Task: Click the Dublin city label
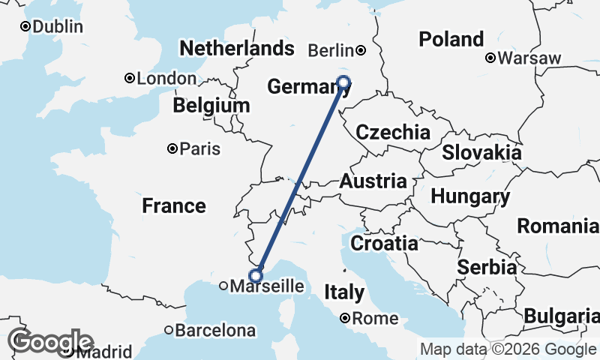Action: point(58,27)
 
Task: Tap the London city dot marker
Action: point(130,78)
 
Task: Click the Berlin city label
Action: point(331,51)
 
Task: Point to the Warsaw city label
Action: point(529,58)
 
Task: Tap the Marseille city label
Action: point(267,286)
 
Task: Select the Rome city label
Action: point(375,319)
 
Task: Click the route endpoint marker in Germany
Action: point(344,82)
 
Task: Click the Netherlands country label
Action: point(235,49)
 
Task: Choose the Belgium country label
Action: point(211,106)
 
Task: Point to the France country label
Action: point(173,205)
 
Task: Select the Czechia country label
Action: point(393,133)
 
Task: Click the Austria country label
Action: point(373,181)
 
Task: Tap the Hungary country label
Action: point(470,197)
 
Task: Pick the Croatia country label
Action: point(384,244)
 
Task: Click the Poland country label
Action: point(451,39)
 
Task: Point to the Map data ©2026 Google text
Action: point(507,349)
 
